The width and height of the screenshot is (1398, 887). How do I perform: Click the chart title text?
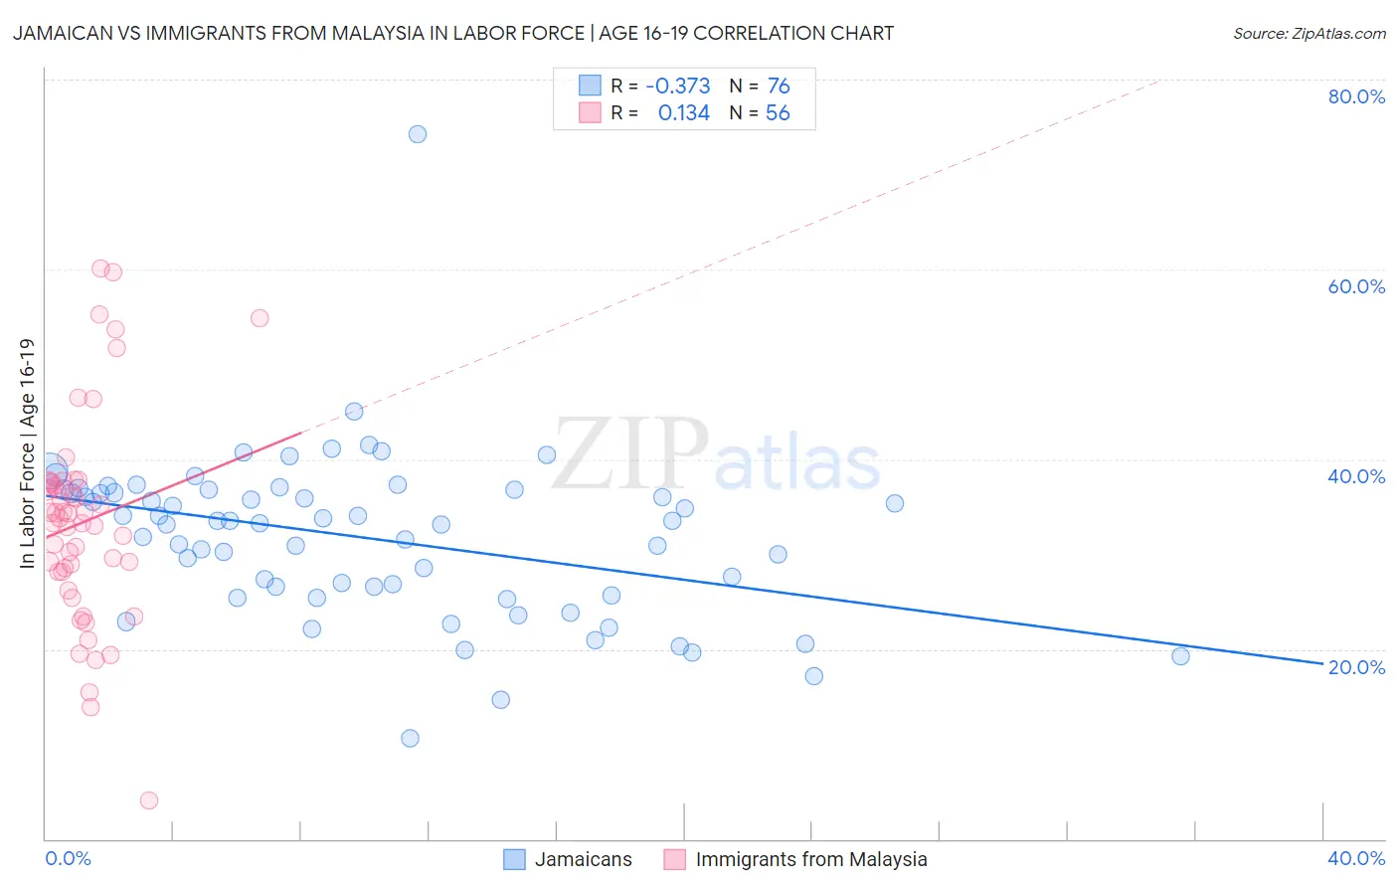click(x=453, y=33)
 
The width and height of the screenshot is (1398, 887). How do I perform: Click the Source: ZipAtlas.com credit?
click(x=1309, y=34)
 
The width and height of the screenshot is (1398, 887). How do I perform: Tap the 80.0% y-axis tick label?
click(x=1356, y=96)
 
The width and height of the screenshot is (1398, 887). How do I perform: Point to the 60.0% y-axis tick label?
click(x=1356, y=286)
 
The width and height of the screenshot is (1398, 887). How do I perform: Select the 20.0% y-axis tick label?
click(x=1356, y=667)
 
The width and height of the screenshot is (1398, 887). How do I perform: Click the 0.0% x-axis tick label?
click(x=69, y=858)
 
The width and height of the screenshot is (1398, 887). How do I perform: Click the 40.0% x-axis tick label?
click(x=1356, y=858)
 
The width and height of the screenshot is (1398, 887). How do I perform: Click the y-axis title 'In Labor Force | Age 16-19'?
click(x=27, y=453)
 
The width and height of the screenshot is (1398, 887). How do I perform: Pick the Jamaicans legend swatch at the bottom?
click(x=514, y=859)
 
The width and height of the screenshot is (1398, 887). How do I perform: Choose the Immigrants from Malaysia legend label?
click(x=811, y=859)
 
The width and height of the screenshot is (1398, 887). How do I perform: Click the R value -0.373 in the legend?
click(x=677, y=87)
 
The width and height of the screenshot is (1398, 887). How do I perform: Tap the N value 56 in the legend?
click(x=778, y=113)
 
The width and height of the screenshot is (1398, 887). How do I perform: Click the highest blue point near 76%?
click(x=418, y=134)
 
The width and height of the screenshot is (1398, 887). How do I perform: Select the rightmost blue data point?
click(x=1180, y=656)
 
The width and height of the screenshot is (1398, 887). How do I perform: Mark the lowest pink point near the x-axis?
click(x=149, y=800)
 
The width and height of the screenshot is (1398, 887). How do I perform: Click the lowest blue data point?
click(x=410, y=738)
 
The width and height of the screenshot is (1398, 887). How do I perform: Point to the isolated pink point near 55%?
click(x=260, y=318)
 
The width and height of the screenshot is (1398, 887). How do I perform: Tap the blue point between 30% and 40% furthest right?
click(x=895, y=503)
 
